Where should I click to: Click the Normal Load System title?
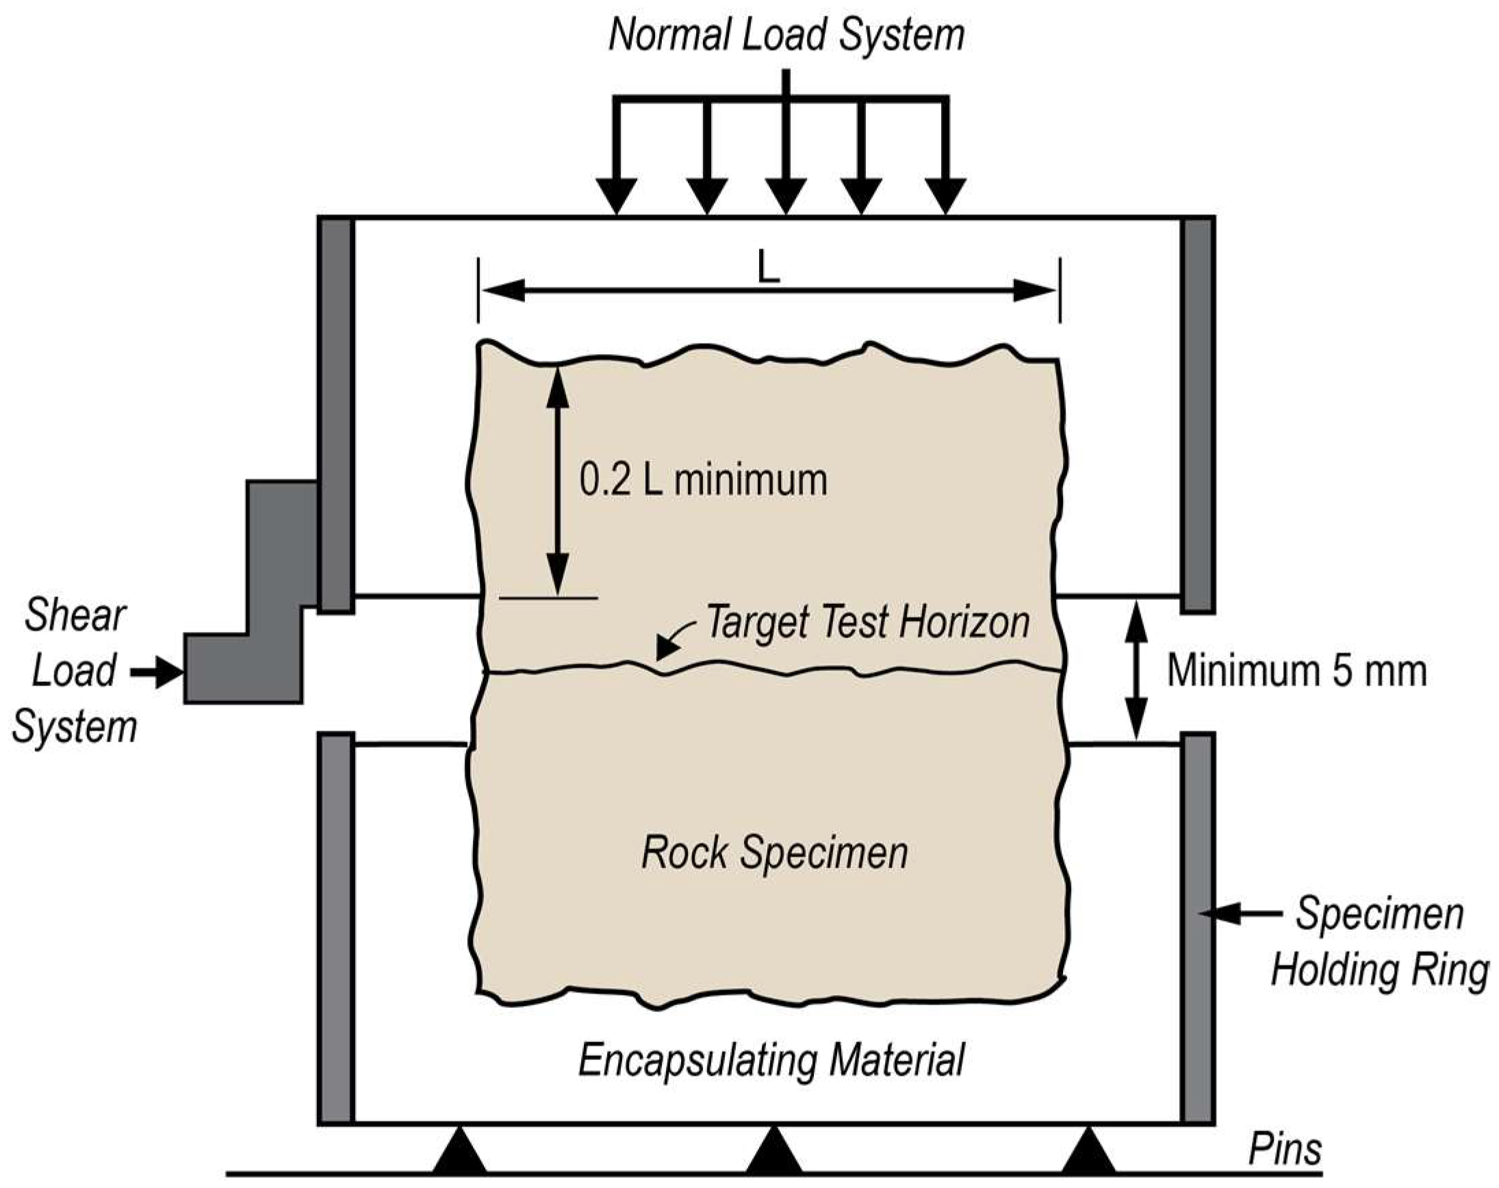coord(786,35)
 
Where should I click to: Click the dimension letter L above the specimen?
coord(767,267)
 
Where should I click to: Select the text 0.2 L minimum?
coord(703,480)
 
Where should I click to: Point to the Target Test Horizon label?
coord(867,622)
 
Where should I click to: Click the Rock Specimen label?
coord(774,852)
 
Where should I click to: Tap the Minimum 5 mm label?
coord(1296,670)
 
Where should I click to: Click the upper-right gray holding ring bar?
coord(1198,414)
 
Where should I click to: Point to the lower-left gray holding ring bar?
coord(337,928)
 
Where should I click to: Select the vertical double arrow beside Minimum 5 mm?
coord(1136,670)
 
